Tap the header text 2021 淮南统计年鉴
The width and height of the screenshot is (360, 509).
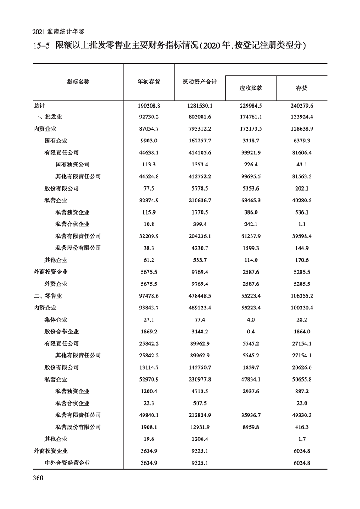tap(59, 32)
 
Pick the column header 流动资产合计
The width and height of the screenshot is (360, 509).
tap(200, 82)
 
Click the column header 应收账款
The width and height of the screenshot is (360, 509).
tap(251, 88)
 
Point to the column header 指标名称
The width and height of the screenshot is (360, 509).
tap(78, 82)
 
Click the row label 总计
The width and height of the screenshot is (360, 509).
tap(39, 105)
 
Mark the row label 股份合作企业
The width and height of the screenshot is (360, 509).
tap(61, 332)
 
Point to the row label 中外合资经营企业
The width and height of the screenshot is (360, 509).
tap(67, 463)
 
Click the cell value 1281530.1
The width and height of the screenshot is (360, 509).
tap(200, 105)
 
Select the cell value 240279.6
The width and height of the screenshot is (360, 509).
tap(301, 105)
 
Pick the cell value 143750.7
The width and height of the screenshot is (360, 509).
tap(200, 367)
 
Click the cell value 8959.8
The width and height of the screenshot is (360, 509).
tap(251, 427)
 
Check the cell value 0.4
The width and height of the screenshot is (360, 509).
tap(251, 332)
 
